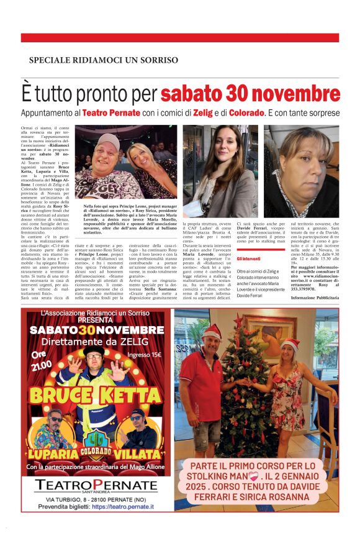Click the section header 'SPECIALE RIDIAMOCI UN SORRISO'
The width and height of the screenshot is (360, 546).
point(104,60)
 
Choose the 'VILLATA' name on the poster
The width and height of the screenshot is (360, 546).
point(139,454)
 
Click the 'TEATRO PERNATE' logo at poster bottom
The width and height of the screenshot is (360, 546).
point(96,485)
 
